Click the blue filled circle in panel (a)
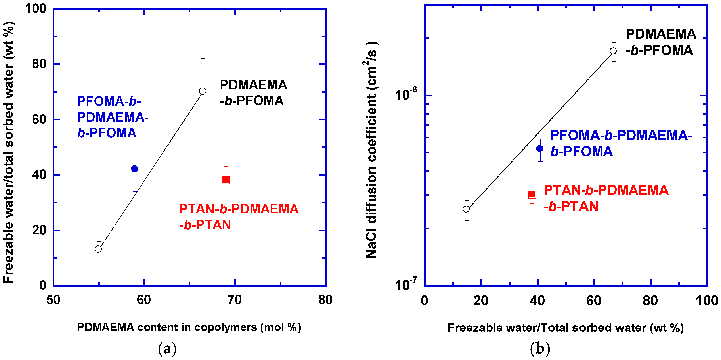pos(135,169)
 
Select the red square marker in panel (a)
pos(226,180)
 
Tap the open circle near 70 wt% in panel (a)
pos(203,91)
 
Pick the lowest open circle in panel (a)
pos(98,249)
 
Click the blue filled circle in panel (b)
pos(540,149)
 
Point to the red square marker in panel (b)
pos(532,195)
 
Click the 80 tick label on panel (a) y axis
pos(39,64)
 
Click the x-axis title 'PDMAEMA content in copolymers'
pos(189,327)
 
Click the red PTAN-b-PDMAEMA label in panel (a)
pos(239,217)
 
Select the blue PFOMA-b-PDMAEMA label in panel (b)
pos(621,143)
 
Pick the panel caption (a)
pos(167,349)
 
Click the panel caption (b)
pos(540,349)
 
